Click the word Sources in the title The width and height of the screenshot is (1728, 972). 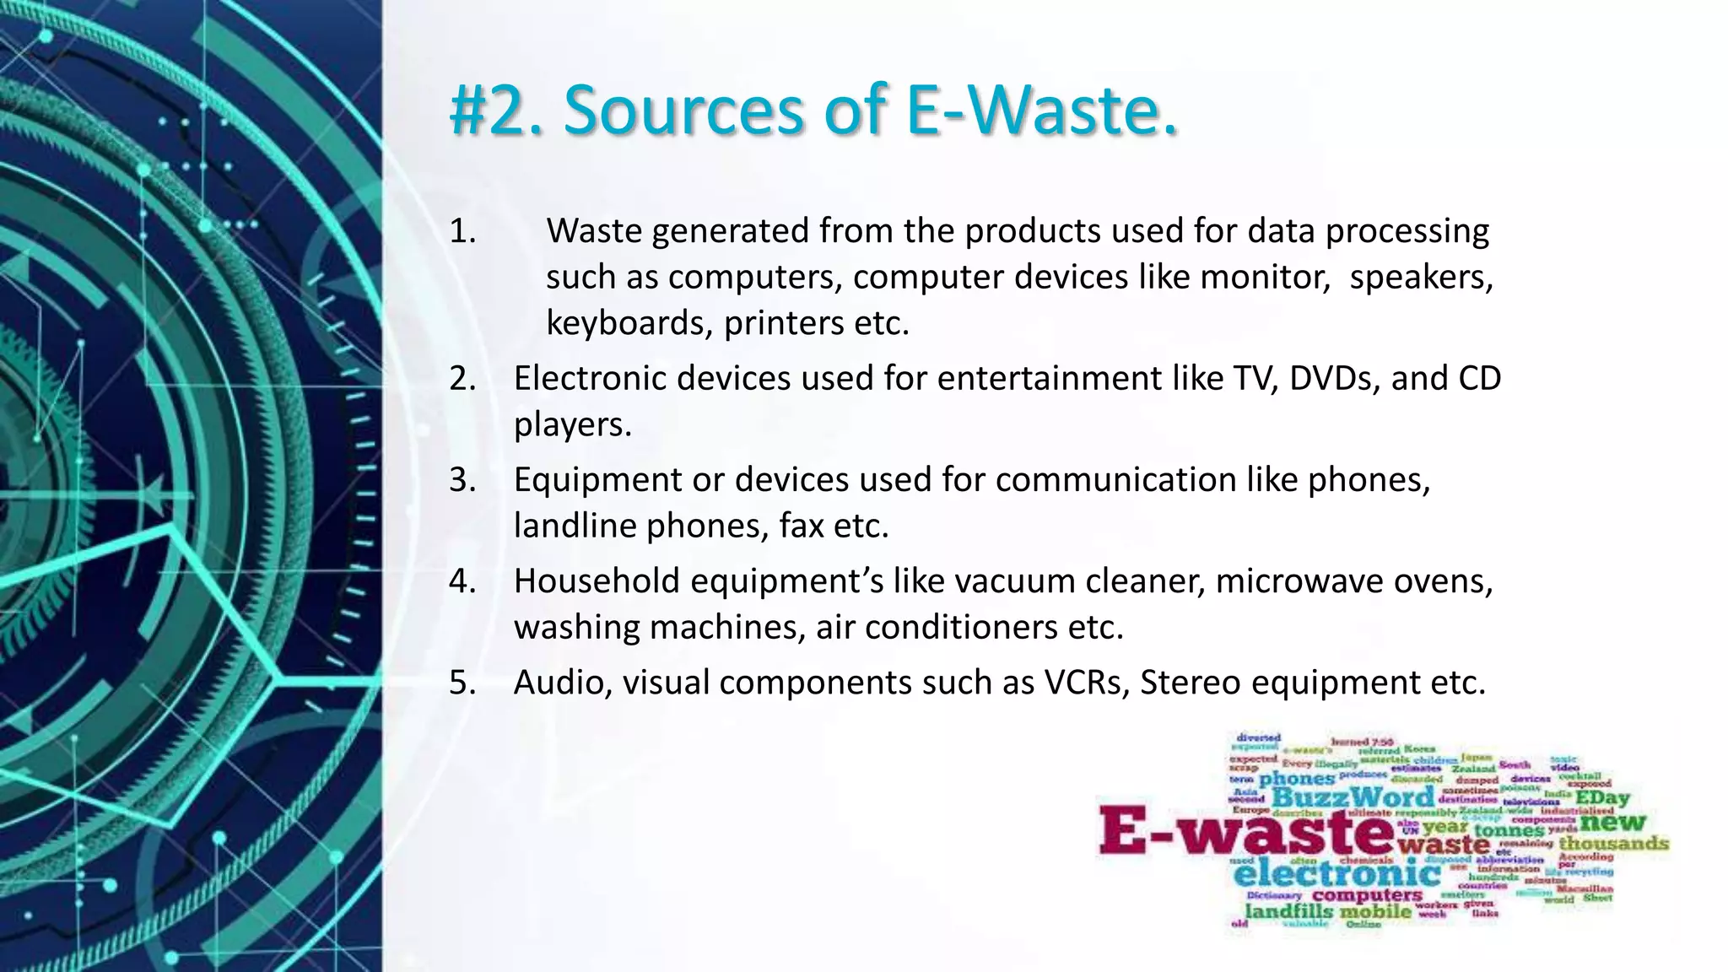pyautogui.click(x=683, y=110)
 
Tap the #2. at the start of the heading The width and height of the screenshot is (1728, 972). pyautogui.click(x=499, y=110)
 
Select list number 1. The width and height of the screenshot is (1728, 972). pyautogui.click(x=462, y=231)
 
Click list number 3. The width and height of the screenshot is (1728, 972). pyautogui.click(x=462, y=480)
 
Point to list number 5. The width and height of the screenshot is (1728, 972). pyautogui.click(x=462, y=683)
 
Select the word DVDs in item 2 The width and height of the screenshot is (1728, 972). pyautogui.click(x=1334, y=379)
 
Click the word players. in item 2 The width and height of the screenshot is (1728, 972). pyautogui.click(x=572, y=424)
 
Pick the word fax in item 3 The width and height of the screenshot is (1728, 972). pyautogui.click(x=801, y=526)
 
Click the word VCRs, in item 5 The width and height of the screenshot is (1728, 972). pyautogui.click(x=1087, y=683)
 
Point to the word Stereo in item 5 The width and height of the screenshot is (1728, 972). pyautogui.click(x=1190, y=683)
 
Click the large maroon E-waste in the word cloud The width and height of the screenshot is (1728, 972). pyautogui.click(x=1245, y=830)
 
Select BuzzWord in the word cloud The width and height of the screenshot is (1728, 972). pyautogui.click(x=1352, y=797)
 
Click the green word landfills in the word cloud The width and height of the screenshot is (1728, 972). pyautogui.click(x=1288, y=912)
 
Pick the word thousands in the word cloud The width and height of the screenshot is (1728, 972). pyautogui.click(x=1613, y=843)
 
